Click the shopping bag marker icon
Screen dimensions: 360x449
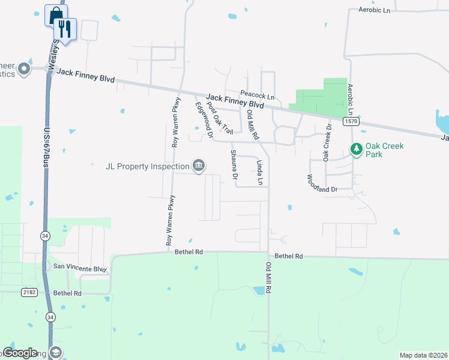coord(55,14)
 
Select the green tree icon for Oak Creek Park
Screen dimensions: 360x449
coord(356,148)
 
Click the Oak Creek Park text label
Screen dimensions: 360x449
coord(385,149)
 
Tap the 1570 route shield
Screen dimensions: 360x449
coord(351,121)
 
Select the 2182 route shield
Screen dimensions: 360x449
coord(29,292)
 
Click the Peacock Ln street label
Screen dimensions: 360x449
coord(257,95)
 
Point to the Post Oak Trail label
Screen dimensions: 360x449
coord(219,118)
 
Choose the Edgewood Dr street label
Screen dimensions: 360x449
coord(205,120)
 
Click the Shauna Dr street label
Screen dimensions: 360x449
coord(234,165)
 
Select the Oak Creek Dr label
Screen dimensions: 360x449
coord(327,143)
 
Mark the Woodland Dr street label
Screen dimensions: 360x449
coord(322,183)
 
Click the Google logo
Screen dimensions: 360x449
coord(20,353)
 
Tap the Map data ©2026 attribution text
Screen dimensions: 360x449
coord(423,355)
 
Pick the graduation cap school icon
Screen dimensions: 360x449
coord(56,353)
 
